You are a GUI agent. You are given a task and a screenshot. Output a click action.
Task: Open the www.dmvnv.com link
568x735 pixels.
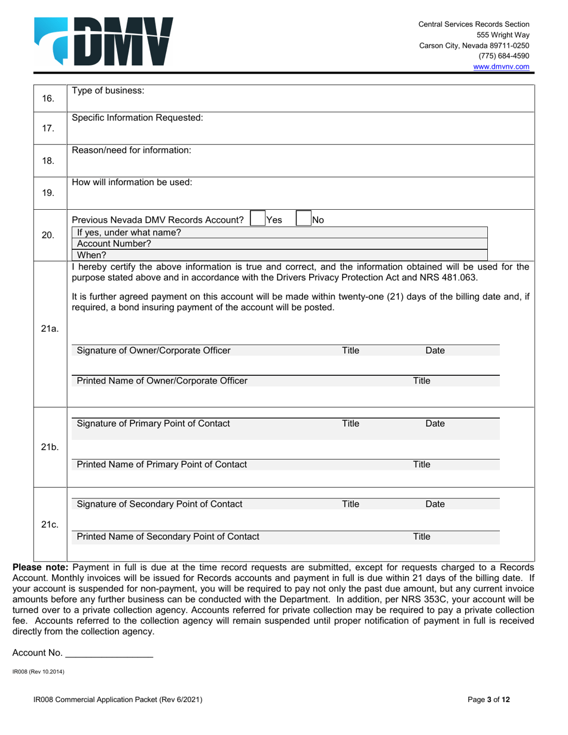(x=501, y=67)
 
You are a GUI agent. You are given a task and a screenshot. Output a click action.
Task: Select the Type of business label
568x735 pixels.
(x=108, y=91)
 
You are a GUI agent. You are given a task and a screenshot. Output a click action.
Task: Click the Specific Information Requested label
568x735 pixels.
(x=138, y=118)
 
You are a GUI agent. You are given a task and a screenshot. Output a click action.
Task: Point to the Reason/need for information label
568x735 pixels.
(x=132, y=150)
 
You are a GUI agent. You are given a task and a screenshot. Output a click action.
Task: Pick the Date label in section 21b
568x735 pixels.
(x=435, y=424)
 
